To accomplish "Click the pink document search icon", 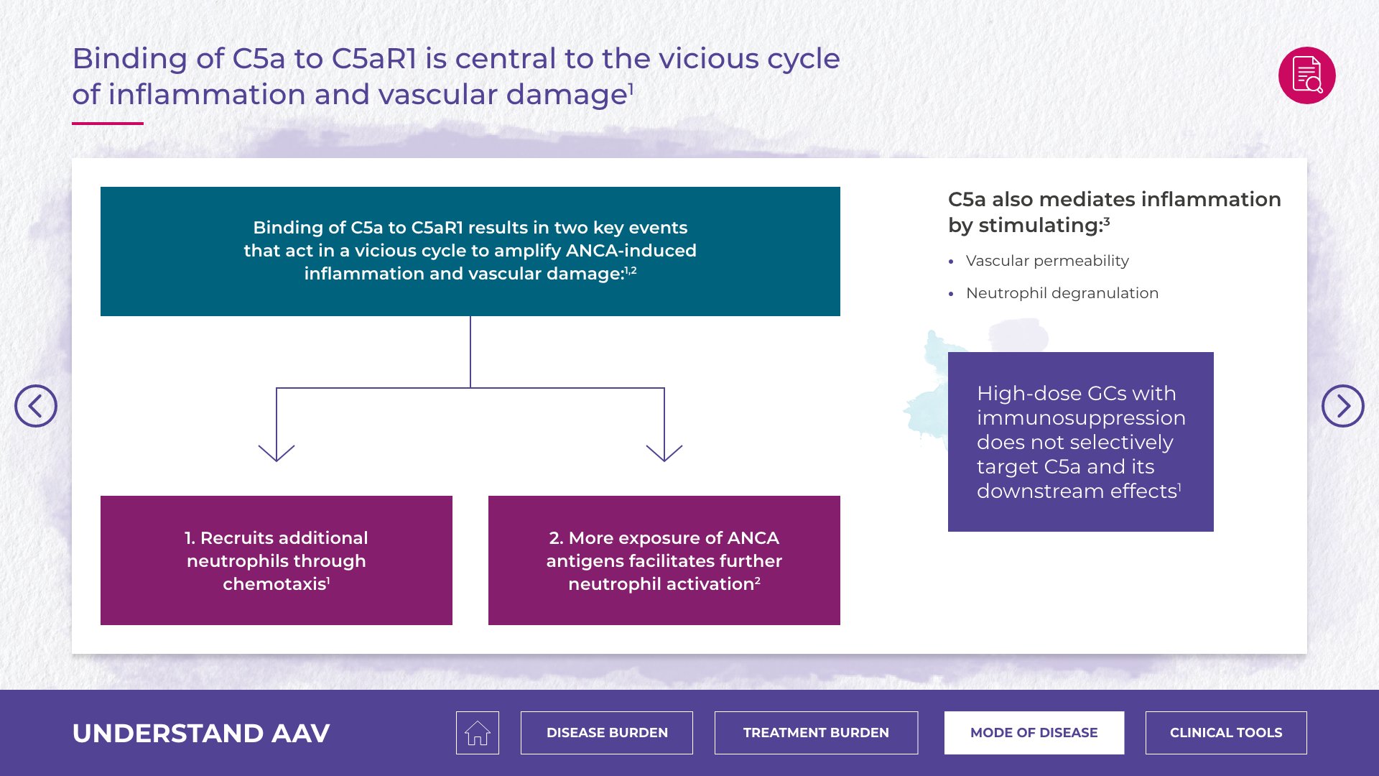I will pyautogui.click(x=1306, y=75).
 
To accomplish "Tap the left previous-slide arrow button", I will pyautogui.click(x=36, y=406).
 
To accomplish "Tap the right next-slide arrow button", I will pyautogui.click(x=1342, y=406).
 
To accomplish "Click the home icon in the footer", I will pyautogui.click(x=478, y=733).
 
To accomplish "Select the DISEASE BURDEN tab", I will pyautogui.click(x=607, y=733).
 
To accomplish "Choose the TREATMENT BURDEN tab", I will pyautogui.click(x=816, y=733).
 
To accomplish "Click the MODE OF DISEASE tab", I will pyautogui.click(x=1034, y=733).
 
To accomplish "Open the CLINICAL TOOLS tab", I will pyautogui.click(x=1226, y=733).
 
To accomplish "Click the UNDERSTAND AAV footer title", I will pyautogui.click(x=201, y=734).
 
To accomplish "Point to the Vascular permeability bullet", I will pyautogui.click(x=1047, y=261).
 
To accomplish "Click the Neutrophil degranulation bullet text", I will pyautogui.click(x=1062, y=293).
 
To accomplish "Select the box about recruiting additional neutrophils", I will pyautogui.click(x=277, y=560).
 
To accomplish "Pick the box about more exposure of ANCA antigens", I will pyautogui.click(x=664, y=560).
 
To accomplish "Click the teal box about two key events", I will pyautogui.click(x=470, y=251).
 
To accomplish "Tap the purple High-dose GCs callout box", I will pyautogui.click(x=1080, y=442).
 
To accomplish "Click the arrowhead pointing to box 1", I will pyautogui.click(x=277, y=453).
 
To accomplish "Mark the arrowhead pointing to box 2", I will pyautogui.click(x=664, y=453).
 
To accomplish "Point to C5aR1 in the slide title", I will pyautogui.click(x=373, y=59).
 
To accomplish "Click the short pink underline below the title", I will pyautogui.click(x=108, y=124).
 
